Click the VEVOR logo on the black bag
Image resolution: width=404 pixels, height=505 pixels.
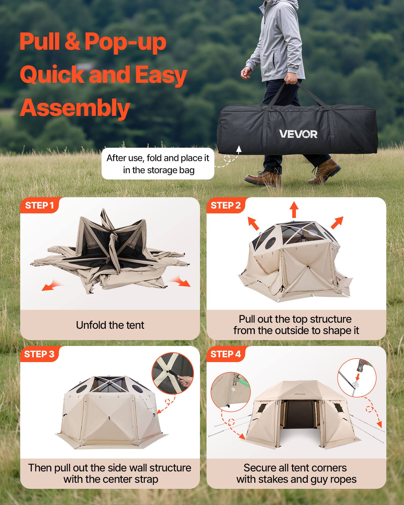298,134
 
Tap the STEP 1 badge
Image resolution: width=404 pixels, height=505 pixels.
39,206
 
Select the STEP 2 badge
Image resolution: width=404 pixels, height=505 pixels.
225,206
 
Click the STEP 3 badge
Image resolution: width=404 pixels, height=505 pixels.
39,354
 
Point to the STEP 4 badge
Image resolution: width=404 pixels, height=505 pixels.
225,354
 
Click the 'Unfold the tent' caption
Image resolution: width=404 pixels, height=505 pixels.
110,325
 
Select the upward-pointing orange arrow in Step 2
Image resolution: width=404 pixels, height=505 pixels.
294,209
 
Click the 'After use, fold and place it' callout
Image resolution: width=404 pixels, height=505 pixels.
158,164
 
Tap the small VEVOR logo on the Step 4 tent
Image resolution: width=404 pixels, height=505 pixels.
300,394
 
